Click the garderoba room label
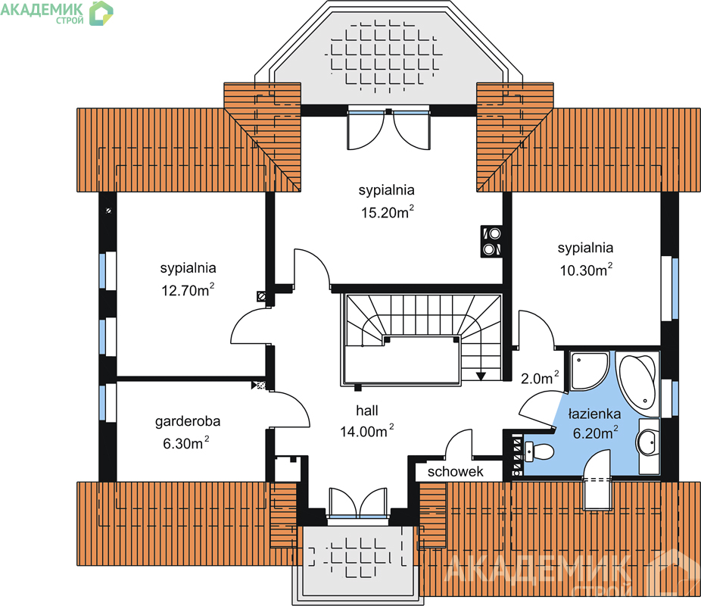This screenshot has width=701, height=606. point(188,421)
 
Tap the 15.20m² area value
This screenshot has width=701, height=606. point(388,211)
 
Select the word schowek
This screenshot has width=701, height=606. point(455,471)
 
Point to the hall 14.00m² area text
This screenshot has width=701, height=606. point(367,431)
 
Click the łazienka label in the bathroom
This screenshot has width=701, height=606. point(594,414)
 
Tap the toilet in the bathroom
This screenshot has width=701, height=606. point(539,451)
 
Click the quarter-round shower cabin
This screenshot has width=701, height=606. point(589,370)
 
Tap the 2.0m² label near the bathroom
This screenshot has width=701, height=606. point(540,378)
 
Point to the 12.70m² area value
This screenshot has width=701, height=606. point(188,290)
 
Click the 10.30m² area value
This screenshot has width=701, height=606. point(586,270)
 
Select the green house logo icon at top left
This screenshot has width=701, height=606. point(101,13)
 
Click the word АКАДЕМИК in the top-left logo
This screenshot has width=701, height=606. point(42,9)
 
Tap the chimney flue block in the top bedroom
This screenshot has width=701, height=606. point(491,241)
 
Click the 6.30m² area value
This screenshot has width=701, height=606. point(186,443)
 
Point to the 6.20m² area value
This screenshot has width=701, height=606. point(596,433)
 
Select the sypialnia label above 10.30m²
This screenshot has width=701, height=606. point(585,248)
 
